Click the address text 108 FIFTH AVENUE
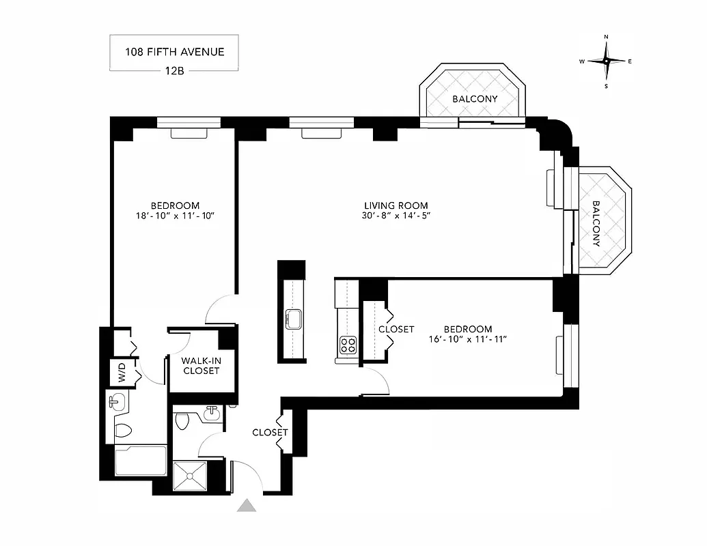click(174, 51)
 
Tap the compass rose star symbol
click(606, 61)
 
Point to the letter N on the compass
click(606, 37)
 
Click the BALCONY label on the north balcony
click(475, 99)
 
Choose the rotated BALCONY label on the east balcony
click(596, 223)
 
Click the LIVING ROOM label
click(396, 205)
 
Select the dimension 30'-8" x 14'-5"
click(396, 216)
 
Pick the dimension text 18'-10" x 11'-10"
click(175, 216)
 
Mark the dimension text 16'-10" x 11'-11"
click(466, 339)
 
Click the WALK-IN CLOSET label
click(201, 366)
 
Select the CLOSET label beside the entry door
click(270, 433)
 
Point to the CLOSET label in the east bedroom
click(396, 329)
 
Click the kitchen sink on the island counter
click(294, 319)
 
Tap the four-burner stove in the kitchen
click(348, 345)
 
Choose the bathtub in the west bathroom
click(140, 461)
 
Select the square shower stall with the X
click(189, 476)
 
